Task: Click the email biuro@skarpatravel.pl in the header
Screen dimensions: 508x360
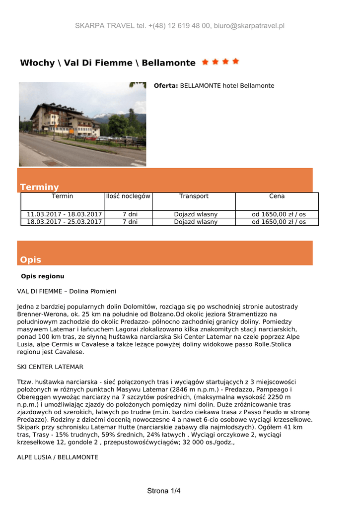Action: coord(249,26)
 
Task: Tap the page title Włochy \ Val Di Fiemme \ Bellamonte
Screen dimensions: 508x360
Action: coord(108,63)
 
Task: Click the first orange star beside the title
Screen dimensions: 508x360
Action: coord(205,62)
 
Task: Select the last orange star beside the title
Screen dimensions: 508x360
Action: coord(235,62)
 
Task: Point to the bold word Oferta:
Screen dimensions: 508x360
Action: coord(166,86)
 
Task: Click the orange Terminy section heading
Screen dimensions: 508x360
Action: coord(39,187)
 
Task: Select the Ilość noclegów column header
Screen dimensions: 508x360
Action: coord(128,196)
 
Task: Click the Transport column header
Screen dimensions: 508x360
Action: coord(194,196)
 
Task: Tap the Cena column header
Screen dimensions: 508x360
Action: coord(277,196)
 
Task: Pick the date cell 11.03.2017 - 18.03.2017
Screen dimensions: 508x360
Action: coord(62,214)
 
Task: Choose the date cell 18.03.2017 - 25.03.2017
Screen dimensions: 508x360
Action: coord(62,222)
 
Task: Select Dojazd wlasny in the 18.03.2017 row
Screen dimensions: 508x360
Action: coord(196,222)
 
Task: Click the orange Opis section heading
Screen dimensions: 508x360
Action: coord(31,260)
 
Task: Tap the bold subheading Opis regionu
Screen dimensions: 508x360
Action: coord(43,276)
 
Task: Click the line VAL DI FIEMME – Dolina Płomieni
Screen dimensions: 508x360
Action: coord(67,291)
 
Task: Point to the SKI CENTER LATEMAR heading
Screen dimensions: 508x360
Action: coord(50,367)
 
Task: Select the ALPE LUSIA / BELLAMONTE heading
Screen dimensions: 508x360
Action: coord(58,457)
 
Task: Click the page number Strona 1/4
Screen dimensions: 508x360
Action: coord(164,491)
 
